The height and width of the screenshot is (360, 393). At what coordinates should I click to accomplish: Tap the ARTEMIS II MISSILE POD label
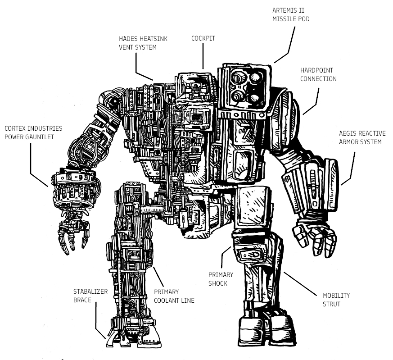pyautogui.click(x=291, y=14)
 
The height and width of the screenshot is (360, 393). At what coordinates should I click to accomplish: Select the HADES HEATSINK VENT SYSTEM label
pyautogui.click(x=143, y=43)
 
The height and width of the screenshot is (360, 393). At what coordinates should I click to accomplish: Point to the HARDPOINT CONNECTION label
pyautogui.click(x=318, y=75)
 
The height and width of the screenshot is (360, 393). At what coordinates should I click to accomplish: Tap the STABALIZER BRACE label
pyautogui.click(x=90, y=295)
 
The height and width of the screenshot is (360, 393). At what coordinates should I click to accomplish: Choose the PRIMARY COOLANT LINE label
pyautogui.click(x=174, y=296)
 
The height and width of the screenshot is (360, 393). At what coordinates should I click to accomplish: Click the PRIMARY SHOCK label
pyautogui.click(x=221, y=279)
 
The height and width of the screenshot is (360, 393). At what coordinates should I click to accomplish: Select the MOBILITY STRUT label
pyautogui.click(x=336, y=300)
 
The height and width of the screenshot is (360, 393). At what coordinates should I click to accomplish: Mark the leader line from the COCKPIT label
pyautogui.click(x=203, y=56)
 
